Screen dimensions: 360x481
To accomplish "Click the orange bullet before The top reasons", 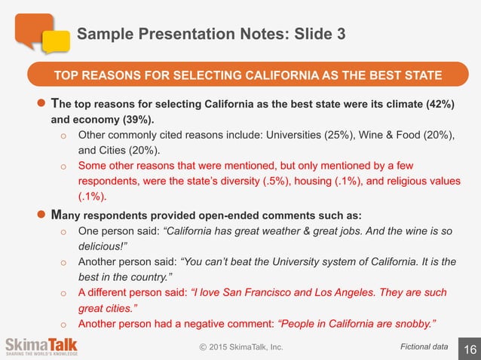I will (42, 103).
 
